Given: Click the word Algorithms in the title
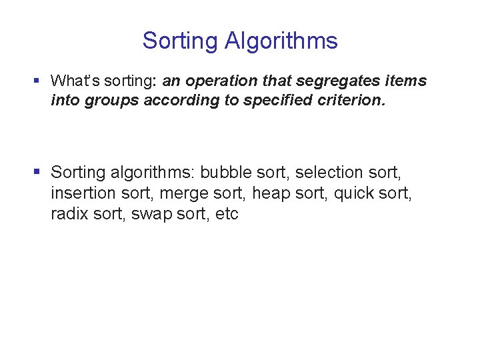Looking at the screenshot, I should point(281,41).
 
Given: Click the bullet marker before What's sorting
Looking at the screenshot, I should point(37,81).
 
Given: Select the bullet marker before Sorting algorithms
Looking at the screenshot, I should point(37,172).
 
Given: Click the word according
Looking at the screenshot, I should point(173,101).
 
